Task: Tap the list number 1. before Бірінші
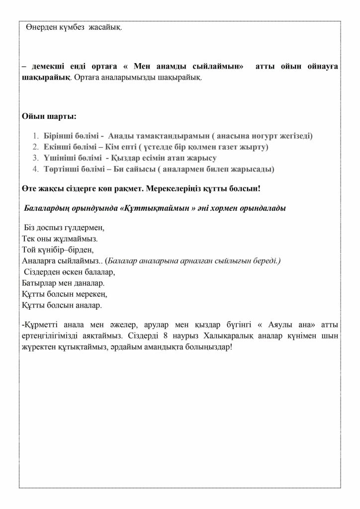coord(35,135)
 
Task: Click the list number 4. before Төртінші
coord(35,170)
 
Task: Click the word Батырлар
coord(41,282)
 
